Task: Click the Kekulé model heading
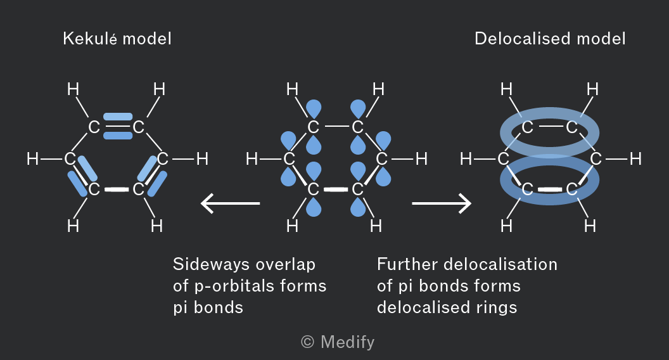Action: tap(117, 39)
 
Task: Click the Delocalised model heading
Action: tap(550, 39)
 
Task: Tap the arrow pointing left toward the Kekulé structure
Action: tap(231, 203)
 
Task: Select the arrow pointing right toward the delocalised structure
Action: tap(442, 203)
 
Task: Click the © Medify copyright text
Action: tap(338, 342)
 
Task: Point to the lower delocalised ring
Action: tap(549, 201)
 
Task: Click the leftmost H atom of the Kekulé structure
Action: tap(32, 159)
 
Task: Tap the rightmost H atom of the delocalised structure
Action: tap(635, 159)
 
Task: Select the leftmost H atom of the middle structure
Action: tap(252, 159)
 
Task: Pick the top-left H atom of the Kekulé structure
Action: tap(73, 89)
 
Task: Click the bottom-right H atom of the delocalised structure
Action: tap(590, 226)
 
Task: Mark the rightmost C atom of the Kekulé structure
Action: tap(163, 159)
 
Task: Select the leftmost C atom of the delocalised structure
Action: tap(504, 159)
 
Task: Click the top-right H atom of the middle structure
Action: tap(378, 89)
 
